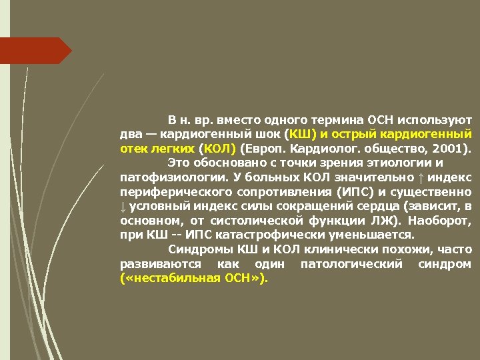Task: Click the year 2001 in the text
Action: (x=451, y=148)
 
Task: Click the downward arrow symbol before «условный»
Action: (x=123, y=206)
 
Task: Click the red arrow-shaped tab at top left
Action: (x=37, y=50)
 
